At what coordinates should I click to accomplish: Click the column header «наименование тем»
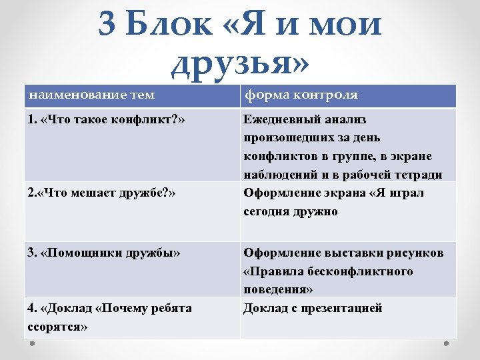(x=91, y=95)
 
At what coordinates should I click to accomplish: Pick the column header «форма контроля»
(x=301, y=95)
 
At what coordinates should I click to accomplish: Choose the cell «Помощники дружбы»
(x=103, y=253)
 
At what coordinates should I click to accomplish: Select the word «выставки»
(x=350, y=253)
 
